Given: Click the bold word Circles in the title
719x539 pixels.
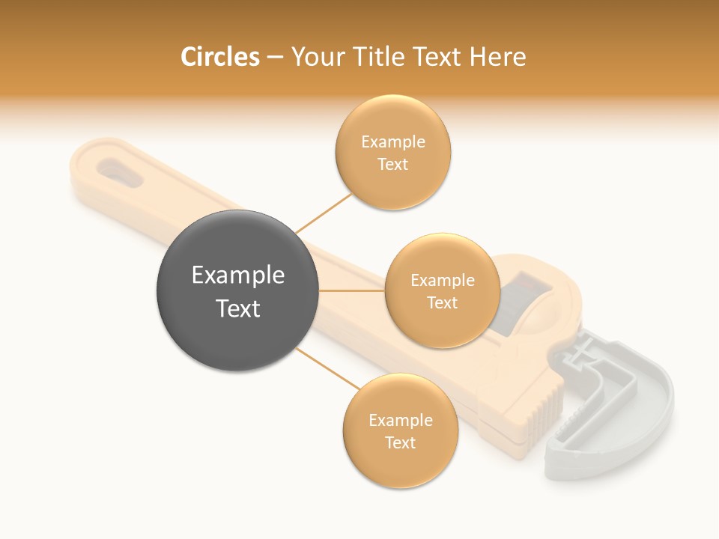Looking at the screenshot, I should pyautogui.click(x=220, y=57).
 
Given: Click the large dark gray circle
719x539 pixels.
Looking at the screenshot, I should pyautogui.click(x=238, y=290).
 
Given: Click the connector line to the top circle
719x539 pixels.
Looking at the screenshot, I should pyautogui.click(x=324, y=213).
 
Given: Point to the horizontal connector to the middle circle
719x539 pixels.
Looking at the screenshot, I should pyautogui.click(x=352, y=290).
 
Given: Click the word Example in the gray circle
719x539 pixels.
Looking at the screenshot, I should pyautogui.click(x=238, y=275).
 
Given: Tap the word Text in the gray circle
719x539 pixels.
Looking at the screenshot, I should pyautogui.click(x=238, y=308).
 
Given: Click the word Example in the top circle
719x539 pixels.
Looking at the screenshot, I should pyautogui.click(x=393, y=142).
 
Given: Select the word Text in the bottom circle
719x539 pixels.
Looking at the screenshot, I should pyautogui.click(x=401, y=442).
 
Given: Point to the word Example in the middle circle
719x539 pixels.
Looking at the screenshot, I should pyautogui.click(x=443, y=281).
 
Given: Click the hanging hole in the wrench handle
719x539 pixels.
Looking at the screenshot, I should pyautogui.click(x=118, y=170).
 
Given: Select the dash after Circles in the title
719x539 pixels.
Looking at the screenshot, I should pyautogui.click(x=275, y=58).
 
